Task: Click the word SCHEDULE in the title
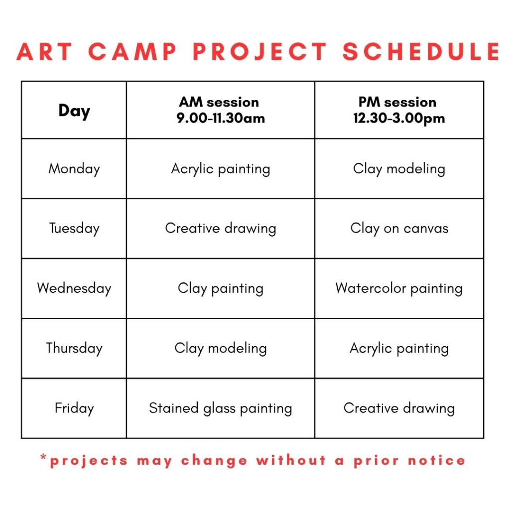421,51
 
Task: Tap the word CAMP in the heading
132,51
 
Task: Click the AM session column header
221,110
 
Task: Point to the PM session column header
399,110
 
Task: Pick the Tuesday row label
74,229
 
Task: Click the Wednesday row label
74,288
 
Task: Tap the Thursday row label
74,348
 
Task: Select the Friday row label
74,408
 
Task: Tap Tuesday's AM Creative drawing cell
221,229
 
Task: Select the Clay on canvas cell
399,229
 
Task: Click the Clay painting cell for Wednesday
221,289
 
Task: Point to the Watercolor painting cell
399,289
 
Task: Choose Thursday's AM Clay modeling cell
221,349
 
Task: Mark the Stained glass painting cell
221,408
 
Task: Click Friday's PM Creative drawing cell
399,408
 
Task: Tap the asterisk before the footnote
43,457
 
